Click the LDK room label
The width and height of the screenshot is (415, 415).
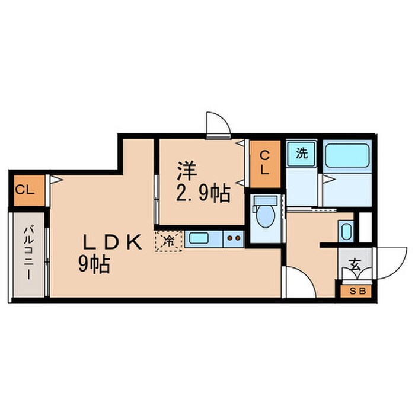click(x=112, y=242)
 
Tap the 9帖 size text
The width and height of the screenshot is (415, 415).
click(x=94, y=264)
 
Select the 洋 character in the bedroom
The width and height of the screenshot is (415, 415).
click(x=187, y=171)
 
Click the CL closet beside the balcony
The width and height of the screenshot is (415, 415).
click(x=29, y=190)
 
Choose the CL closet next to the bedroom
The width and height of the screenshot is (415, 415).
click(x=265, y=164)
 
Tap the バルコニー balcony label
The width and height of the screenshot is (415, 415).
click(x=28, y=253)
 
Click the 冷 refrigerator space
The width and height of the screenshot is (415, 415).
click(x=168, y=241)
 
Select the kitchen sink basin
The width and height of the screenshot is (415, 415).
click(x=198, y=238)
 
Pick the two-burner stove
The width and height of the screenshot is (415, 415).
click(x=234, y=239)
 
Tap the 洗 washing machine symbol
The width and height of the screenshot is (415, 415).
click(x=302, y=154)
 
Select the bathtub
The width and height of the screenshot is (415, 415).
click(x=347, y=156)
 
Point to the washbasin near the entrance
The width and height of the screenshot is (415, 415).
click(x=346, y=231)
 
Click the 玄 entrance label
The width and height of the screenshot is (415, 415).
click(x=355, y=264)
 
